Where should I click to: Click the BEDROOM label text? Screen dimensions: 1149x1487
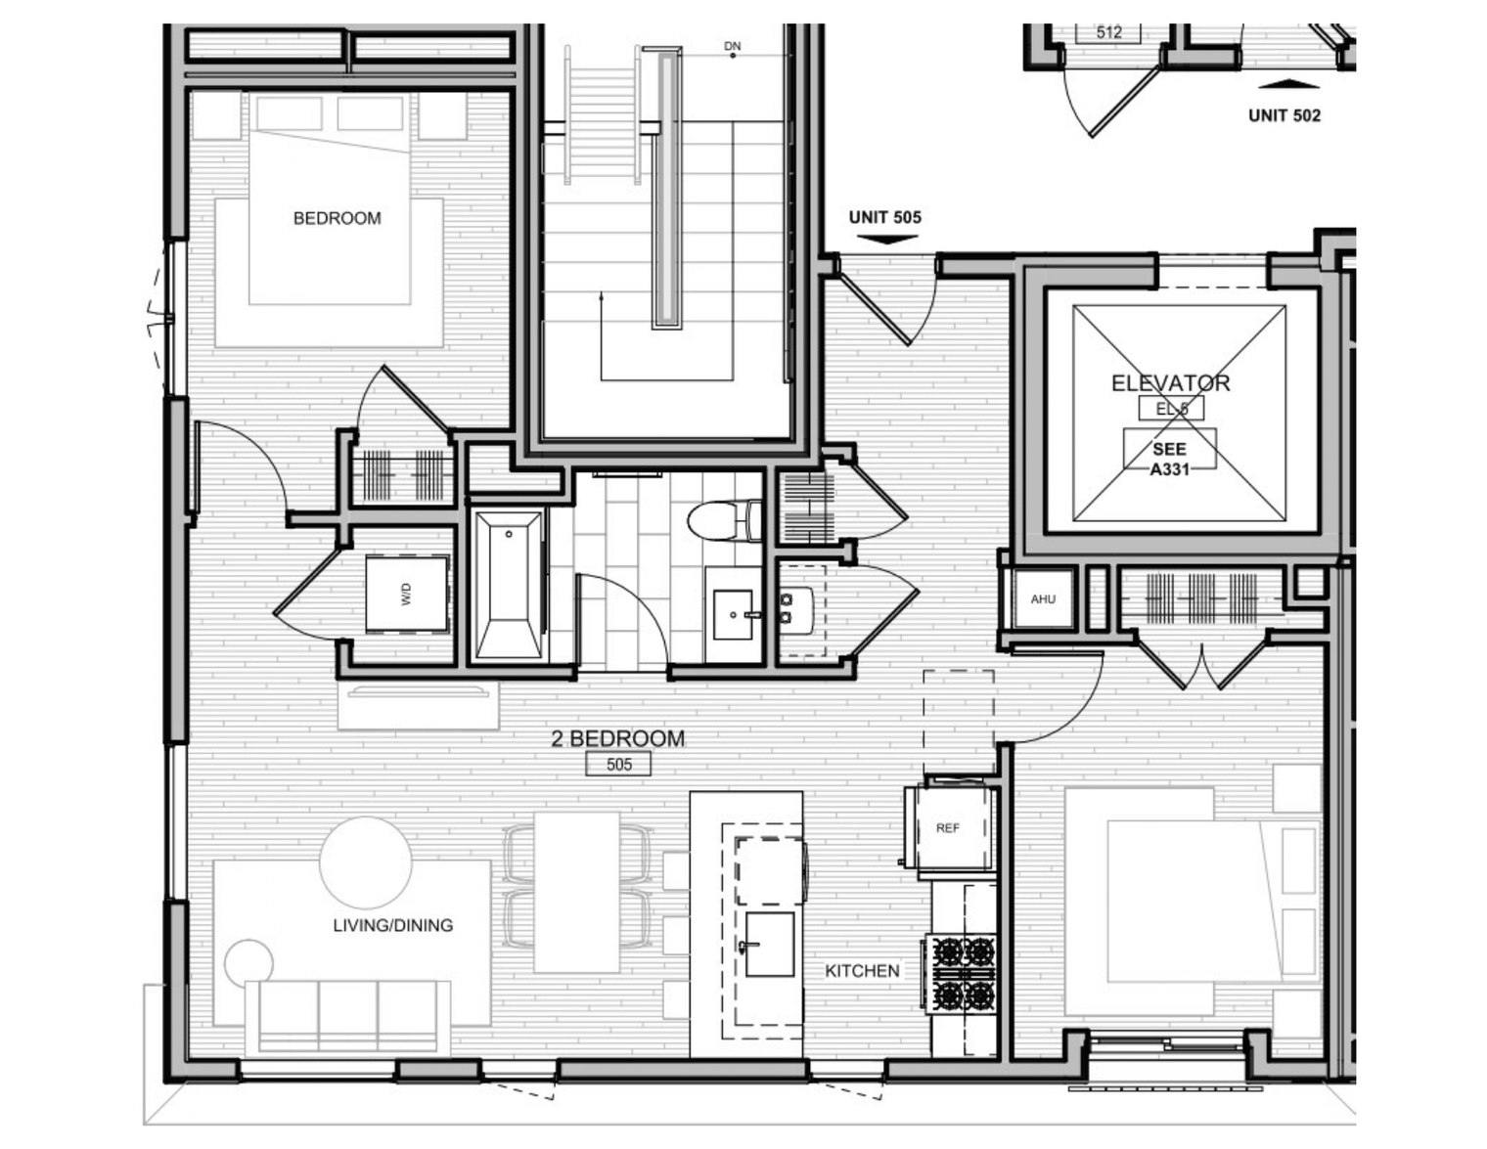coord(337,218)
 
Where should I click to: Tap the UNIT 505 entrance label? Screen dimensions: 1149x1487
coord(884,217)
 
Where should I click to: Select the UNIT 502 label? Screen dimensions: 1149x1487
coord(1284,115)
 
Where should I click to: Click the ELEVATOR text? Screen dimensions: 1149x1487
coord(1170,383)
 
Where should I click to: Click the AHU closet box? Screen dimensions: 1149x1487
coord(1043,599)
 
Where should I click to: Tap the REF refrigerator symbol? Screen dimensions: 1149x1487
coord(947,827)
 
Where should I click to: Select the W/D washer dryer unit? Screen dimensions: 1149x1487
coord(407,595)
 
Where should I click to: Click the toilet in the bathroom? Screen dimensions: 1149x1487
coord(724,520)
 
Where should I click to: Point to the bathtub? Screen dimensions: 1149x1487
coord(508,584)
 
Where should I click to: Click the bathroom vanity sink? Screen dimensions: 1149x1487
coord(733,615)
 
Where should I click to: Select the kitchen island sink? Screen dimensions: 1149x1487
coord(769,944)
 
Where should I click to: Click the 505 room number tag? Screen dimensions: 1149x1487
coord(618,765)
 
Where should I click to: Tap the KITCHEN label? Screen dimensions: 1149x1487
coord(862,971)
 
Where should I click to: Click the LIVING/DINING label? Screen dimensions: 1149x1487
coord(392,925)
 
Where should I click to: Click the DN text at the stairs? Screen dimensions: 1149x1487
coord(732,46)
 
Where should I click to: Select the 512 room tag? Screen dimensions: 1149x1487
coord(1108,32)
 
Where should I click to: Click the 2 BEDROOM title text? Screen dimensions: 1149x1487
coord(617,738)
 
